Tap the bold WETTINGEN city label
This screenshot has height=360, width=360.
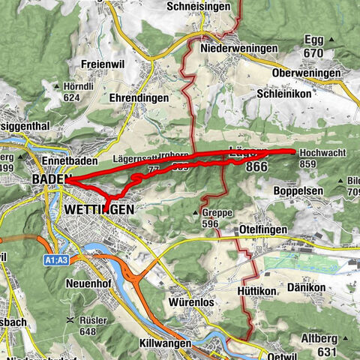(100, 209)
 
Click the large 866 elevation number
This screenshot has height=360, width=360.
(256, 168)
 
